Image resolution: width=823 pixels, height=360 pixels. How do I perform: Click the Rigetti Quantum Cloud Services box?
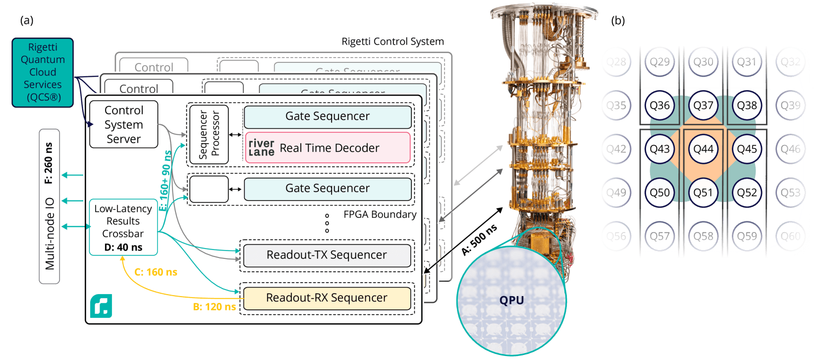click(43, 72)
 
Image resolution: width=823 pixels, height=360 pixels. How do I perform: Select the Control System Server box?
click(123, 124)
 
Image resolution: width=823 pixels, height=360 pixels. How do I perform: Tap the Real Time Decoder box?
click(328, 148)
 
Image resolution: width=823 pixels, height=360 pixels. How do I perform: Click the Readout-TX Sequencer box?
click(327, 255)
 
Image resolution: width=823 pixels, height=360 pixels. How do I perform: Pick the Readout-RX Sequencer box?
click(327, 298)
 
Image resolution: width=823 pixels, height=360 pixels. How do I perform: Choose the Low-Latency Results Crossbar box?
click(123, 227)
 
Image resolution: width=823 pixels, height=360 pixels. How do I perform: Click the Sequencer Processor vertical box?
click(209, 135)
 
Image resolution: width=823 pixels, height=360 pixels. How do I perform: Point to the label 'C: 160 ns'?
click(156, 272)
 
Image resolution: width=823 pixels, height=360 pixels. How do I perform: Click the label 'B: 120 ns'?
click(214, 307)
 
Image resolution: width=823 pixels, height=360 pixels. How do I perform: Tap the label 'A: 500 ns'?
click(479, 240)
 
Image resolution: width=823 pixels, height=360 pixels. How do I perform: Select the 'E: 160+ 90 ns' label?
click(165, 181)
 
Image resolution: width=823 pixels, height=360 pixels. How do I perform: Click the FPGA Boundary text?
click(380, 214)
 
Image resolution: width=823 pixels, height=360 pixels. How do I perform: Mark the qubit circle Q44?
click(703, 149)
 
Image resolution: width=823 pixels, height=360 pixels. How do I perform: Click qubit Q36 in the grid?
click(659, 105)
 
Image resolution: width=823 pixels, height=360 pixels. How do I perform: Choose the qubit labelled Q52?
click(747, 193)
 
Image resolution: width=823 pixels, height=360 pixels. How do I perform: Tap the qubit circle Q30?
click(703, 62)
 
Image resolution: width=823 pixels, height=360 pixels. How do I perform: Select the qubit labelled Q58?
click(703, 236)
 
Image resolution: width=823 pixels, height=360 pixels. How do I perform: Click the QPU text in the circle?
click(511, 300)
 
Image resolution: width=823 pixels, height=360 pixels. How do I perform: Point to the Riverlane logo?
click(261, 148)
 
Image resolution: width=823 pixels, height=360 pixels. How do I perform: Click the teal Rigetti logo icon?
click(101, 306)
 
